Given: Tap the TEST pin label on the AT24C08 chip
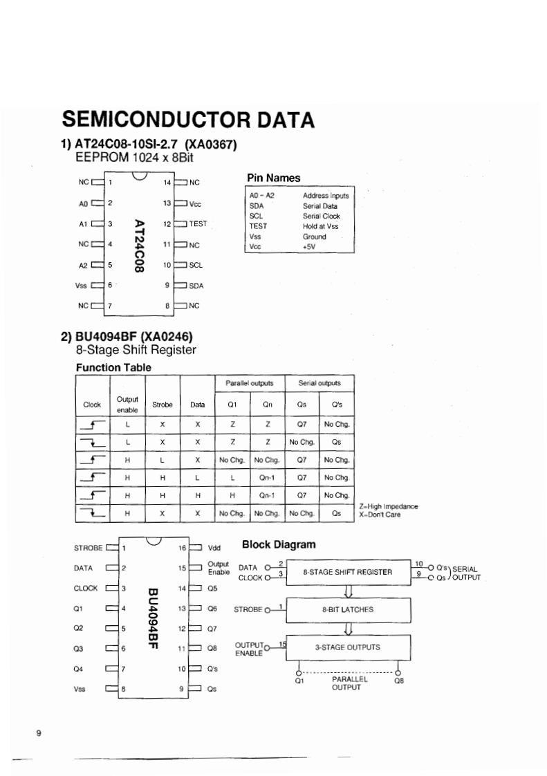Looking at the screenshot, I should coord(198,224).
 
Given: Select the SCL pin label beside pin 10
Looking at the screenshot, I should coord(196,265).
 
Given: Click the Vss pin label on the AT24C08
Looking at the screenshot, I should coord(81,285).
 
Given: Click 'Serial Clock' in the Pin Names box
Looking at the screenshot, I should coord(322,216).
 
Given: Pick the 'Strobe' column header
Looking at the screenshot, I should coord(162,405).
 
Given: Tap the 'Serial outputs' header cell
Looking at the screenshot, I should coord(319,382).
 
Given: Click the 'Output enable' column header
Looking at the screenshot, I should coord(127,405).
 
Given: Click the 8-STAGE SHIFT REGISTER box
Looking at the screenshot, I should coord(348,572).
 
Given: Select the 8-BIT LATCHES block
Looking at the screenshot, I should coord(348,609).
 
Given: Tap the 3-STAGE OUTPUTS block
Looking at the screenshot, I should coord(348,647).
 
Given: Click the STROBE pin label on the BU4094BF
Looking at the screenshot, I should coord(88,548).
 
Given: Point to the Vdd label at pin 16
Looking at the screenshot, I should coord(214,548).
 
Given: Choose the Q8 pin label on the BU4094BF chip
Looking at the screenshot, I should coord(213,649).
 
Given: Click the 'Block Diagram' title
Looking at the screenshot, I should coord(279,544).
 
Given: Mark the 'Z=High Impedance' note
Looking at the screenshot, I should coord(388,506).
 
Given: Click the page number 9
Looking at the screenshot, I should coord(39,733).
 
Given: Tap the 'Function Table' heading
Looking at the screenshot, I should coord(113,367).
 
